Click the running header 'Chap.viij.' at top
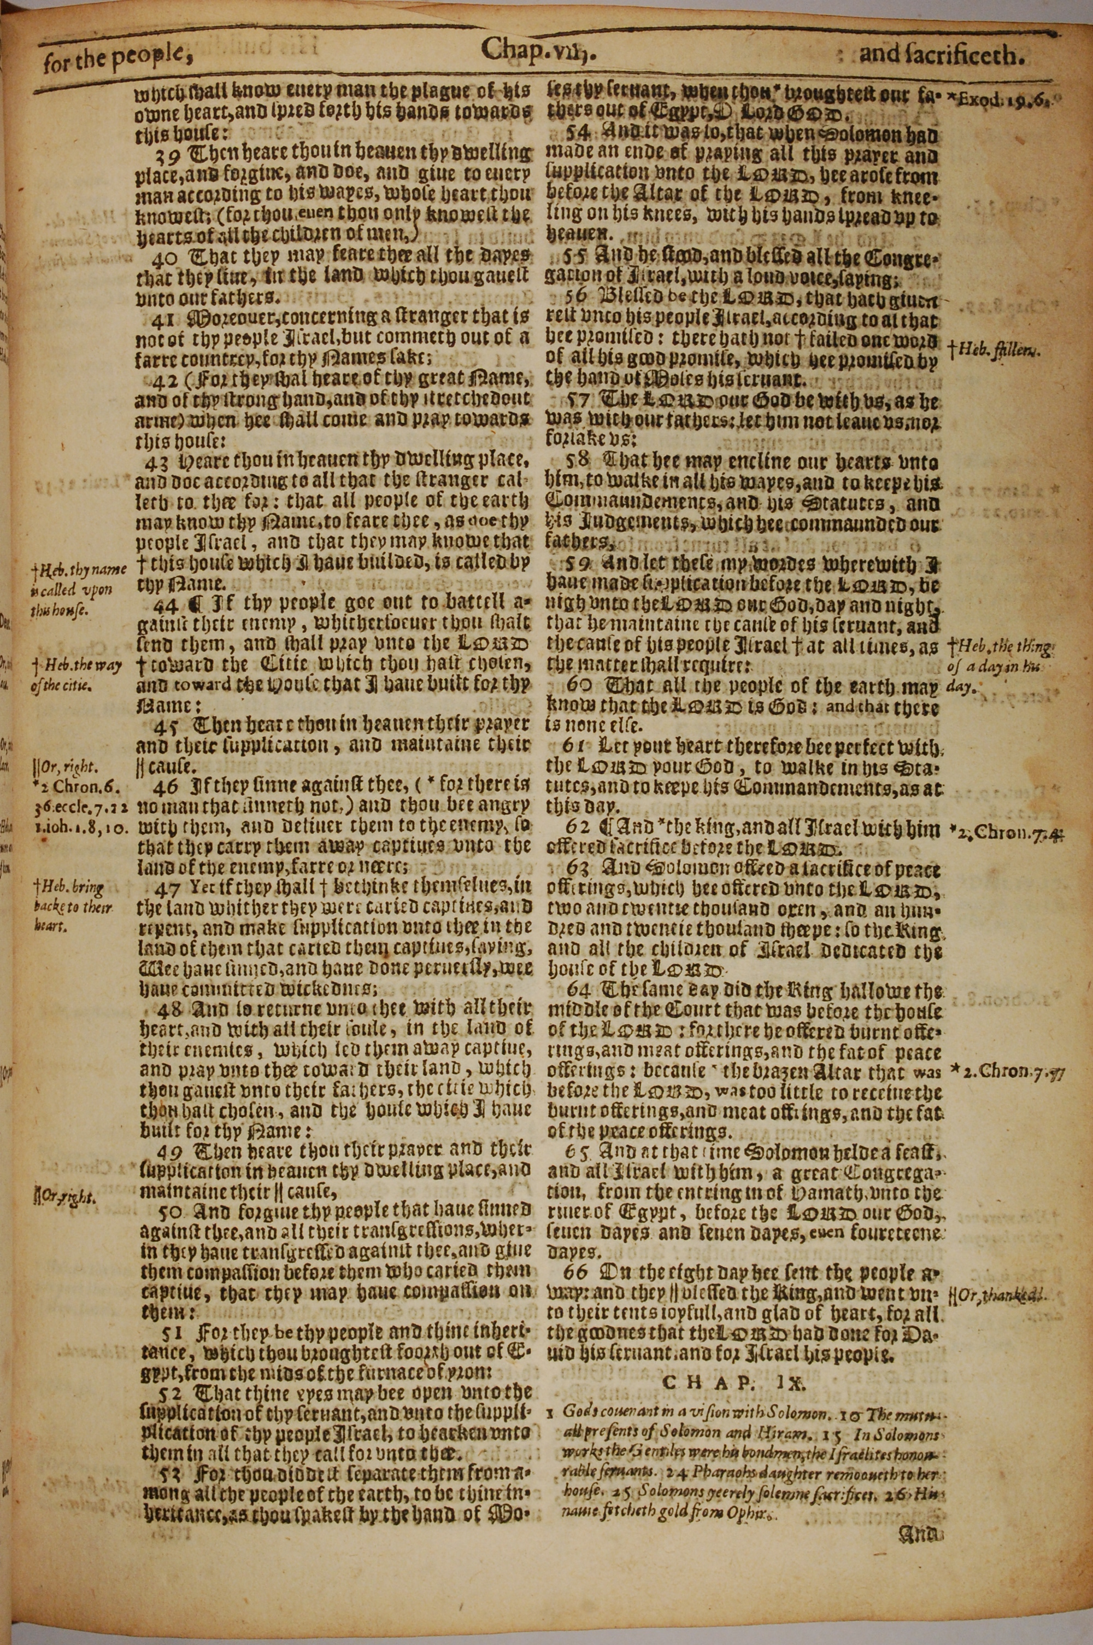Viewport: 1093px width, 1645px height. pyautogui.click(x=537, y=50)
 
